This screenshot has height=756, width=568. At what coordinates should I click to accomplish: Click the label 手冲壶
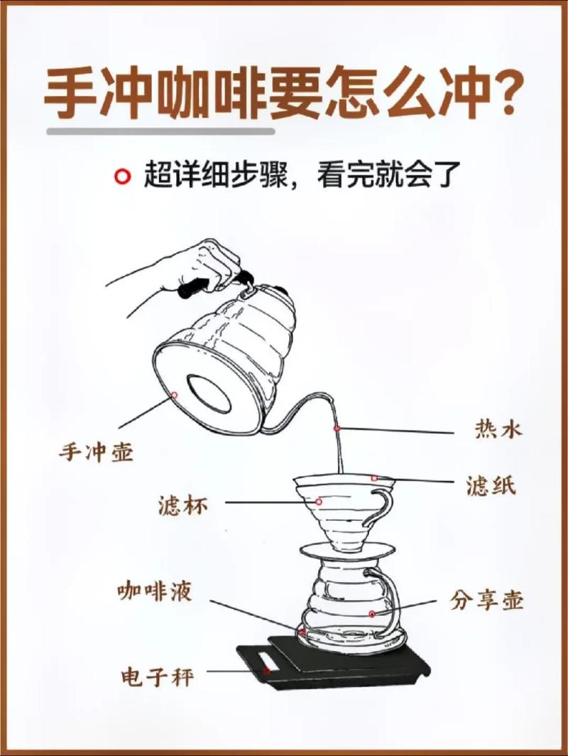click(x=96, y=453)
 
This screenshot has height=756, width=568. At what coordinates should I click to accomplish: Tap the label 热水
click(x=498, y=429)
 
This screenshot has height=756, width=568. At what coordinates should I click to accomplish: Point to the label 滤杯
click(x=182, y=506)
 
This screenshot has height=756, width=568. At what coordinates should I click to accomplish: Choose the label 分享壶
click(x=486, y=600)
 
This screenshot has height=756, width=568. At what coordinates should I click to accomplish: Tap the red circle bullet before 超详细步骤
click(x=124, y=175)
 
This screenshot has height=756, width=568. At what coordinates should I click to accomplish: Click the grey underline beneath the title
click(x=160, y=131)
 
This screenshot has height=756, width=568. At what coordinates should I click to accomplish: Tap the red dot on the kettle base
click(x=174, y=395)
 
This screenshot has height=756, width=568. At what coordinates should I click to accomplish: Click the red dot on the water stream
click(x=337, y=428)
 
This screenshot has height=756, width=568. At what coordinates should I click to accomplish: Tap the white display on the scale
click(x=268, y=669)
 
